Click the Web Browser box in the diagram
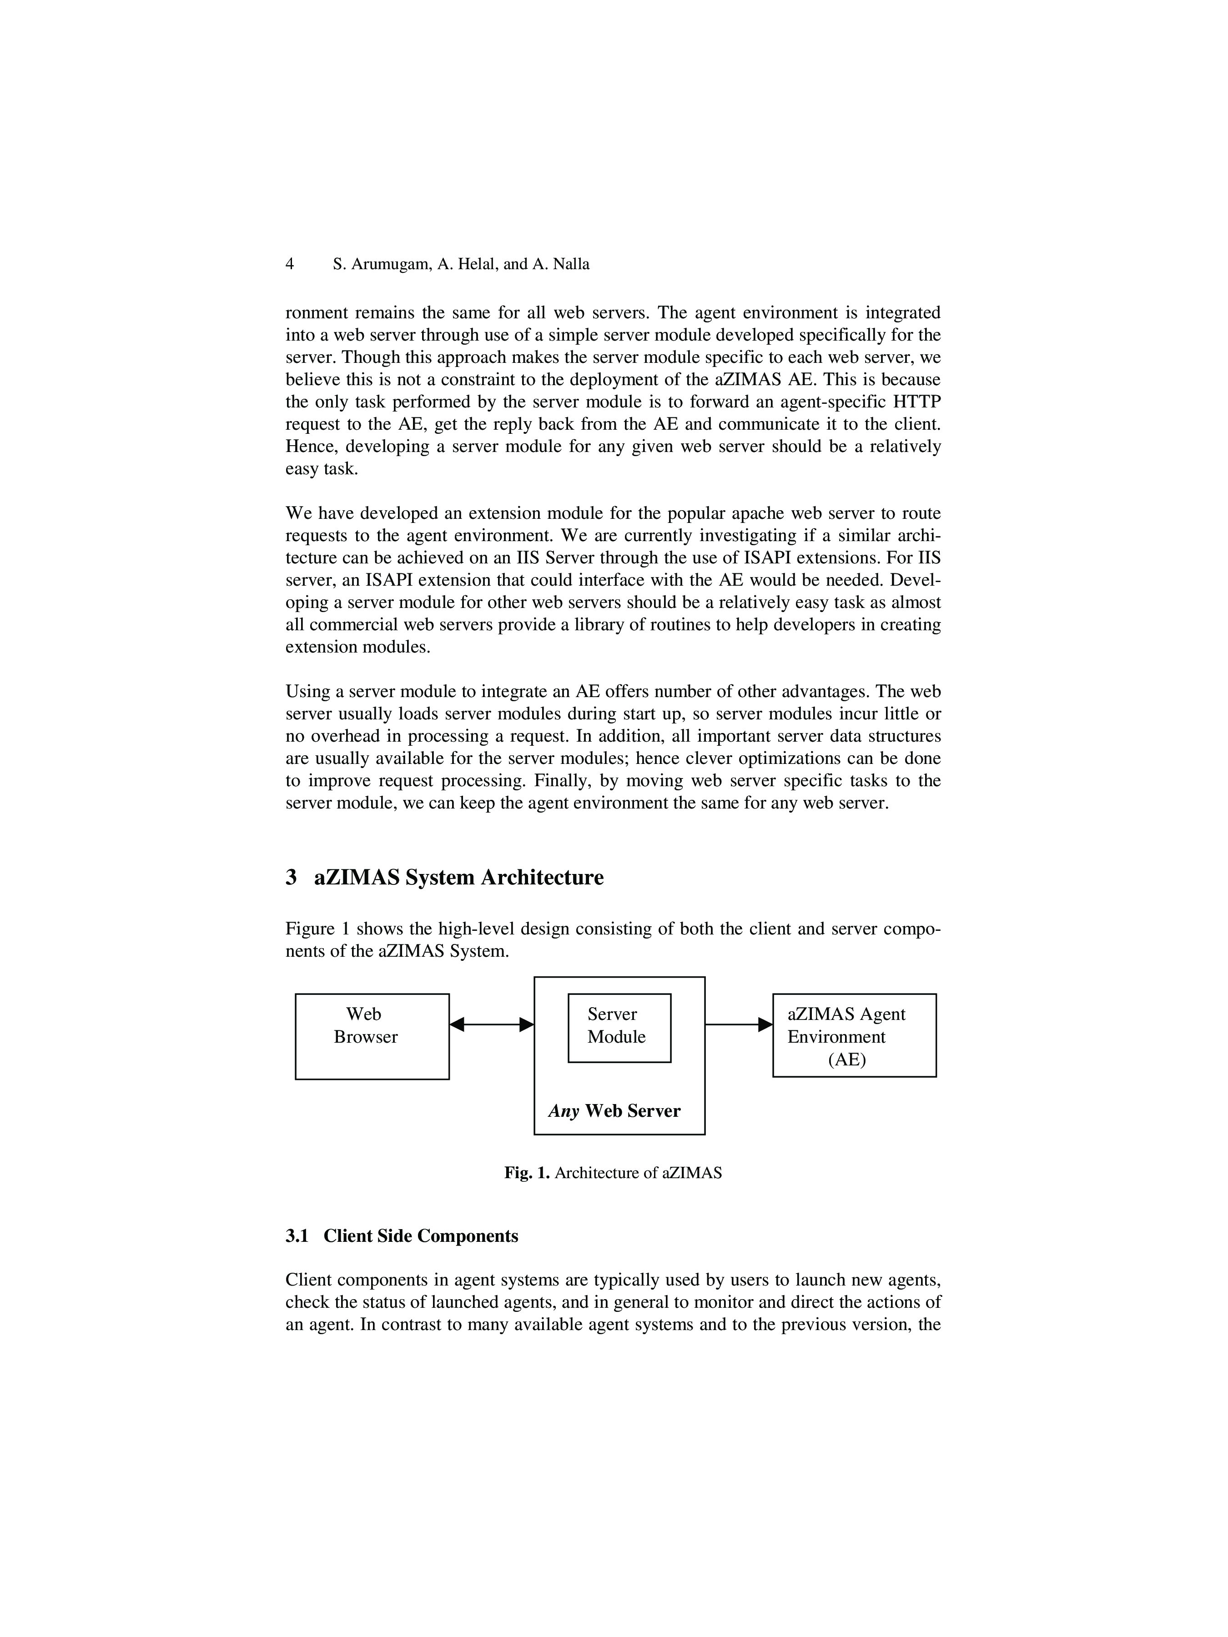pos(372,1036)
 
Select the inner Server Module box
pos(619,1027)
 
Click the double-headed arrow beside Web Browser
pos(492,1024)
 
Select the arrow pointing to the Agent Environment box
pos(738,1024)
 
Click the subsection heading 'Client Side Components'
pos(420,1236)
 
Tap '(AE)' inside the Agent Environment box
pos(847,1059)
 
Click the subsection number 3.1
pos(297,1236)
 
